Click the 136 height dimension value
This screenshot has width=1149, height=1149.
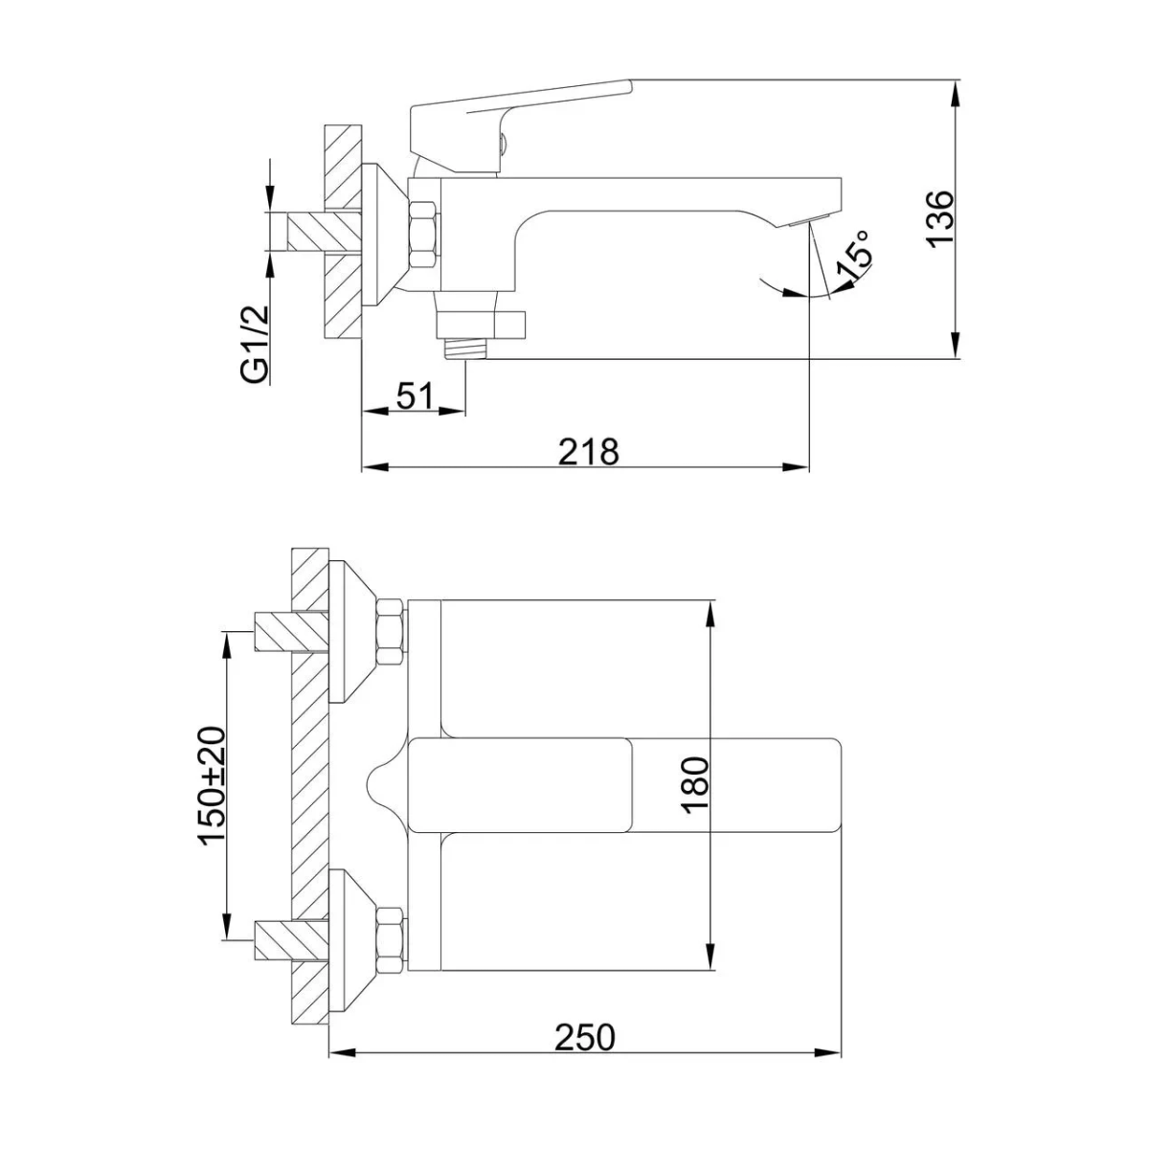tap(941, 219)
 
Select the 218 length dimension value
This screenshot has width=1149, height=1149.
tap(588, 451)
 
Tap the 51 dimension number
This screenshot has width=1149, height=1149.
tap(416, 395)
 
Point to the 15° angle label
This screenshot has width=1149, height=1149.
tap(855, 256)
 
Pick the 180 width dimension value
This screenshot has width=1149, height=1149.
tap(694, 784)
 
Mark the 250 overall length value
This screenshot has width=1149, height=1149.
tap(584, 1036)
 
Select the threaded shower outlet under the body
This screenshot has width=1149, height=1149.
tap(464, 347)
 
